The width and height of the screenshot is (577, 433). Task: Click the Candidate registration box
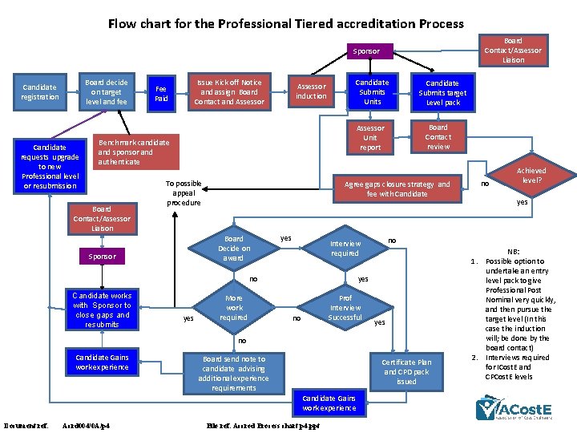click(40, 92)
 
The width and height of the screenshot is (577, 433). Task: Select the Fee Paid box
click(161, 93)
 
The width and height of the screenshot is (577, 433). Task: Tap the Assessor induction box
click(311, 91)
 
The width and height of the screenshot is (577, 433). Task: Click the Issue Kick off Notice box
click(228, 92)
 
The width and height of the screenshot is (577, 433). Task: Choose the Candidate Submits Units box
click(372, 92)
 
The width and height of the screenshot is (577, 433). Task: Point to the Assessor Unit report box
click(370, 138)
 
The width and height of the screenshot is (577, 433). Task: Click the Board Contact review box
click(438, 137)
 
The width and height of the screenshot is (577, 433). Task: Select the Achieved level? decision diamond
click(531, 176)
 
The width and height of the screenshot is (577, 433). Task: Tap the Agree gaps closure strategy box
click(397, 189)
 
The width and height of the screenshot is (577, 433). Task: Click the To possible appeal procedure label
click(184, 193)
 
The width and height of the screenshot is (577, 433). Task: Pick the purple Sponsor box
click(366, 51)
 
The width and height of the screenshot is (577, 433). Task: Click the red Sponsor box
click(102, 257)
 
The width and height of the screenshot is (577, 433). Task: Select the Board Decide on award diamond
click(233, 249)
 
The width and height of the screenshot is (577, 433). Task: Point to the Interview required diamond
click(345, 249)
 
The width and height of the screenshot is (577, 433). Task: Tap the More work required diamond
click(233, 307)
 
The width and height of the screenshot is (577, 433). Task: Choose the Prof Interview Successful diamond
click(345, 307)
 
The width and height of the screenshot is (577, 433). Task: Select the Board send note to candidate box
click(233, 374)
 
